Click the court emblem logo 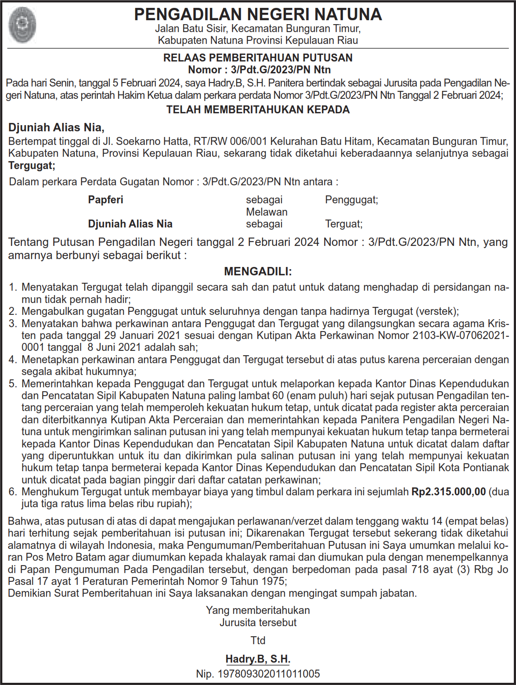pos(22,25)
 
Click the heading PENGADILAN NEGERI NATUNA pos(258,14)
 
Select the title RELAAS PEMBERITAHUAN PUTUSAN pos(258,58)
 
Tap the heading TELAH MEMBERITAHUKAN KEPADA pos(258,110)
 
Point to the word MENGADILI pos(258,271)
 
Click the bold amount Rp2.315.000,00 pos(448,491)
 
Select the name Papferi pos(105,200)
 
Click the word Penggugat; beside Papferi pos(351,200)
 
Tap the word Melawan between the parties pos(267,212)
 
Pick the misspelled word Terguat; pos(343,224)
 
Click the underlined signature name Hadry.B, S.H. pos(258,659)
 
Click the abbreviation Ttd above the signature pos(258,640)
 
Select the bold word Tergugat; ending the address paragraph pos(32,166)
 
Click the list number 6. pos(13,491)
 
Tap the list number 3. pos(13,324)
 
